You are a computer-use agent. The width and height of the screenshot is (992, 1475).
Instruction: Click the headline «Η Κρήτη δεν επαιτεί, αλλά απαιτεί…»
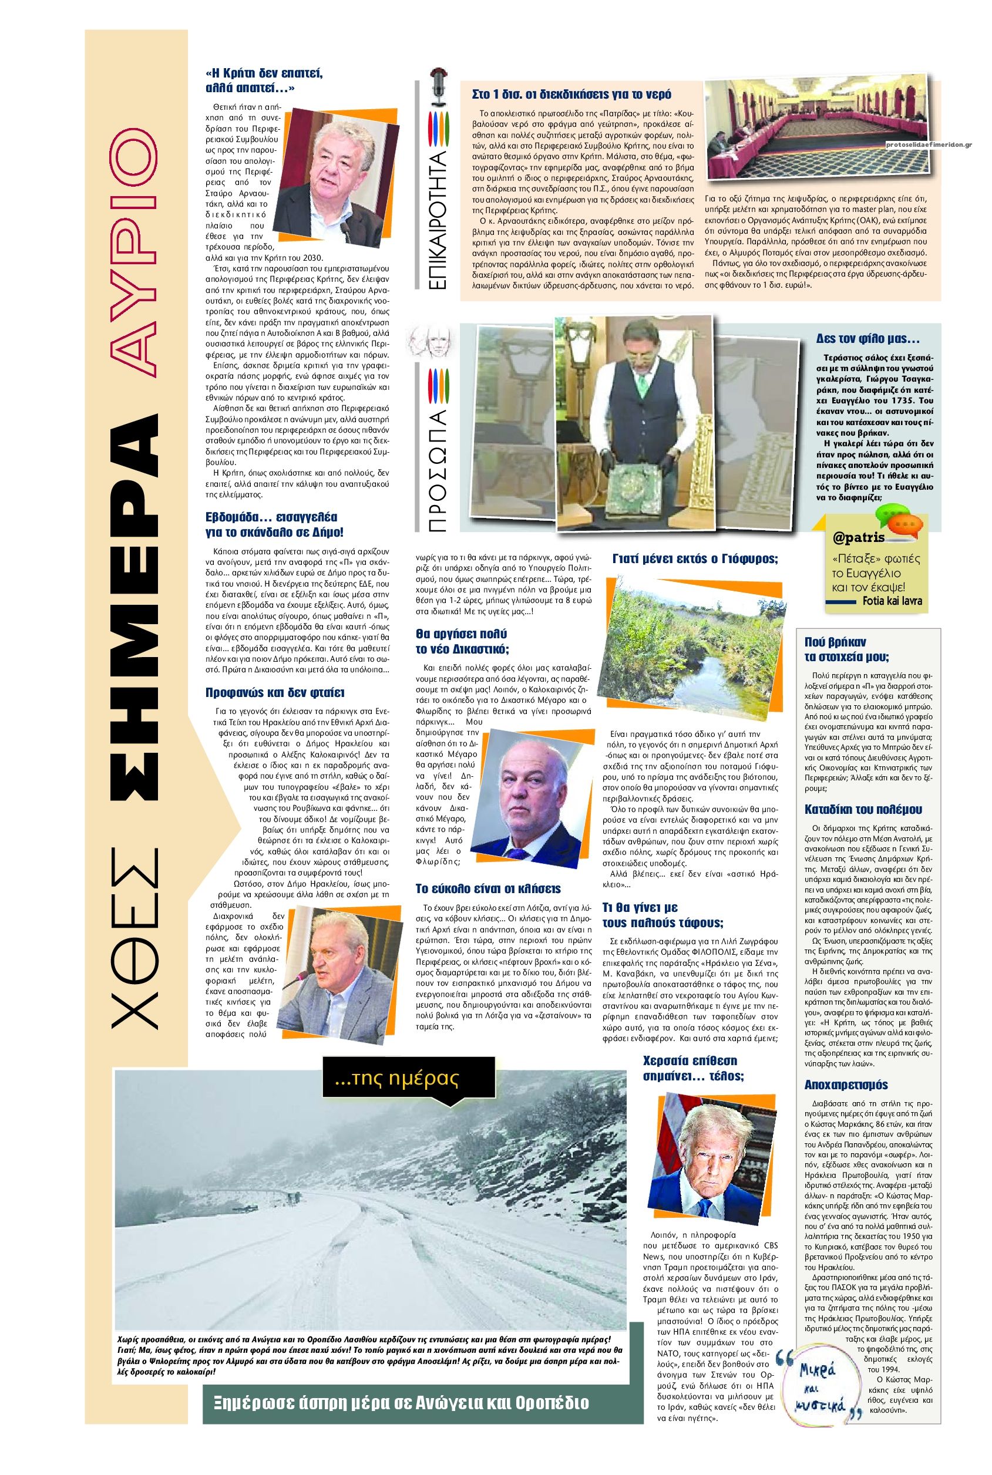point(264,80)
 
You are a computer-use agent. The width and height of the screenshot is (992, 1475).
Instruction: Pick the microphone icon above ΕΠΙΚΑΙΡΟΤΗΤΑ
point(435,89)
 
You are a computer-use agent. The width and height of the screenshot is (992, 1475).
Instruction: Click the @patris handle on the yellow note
point(858,539)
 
